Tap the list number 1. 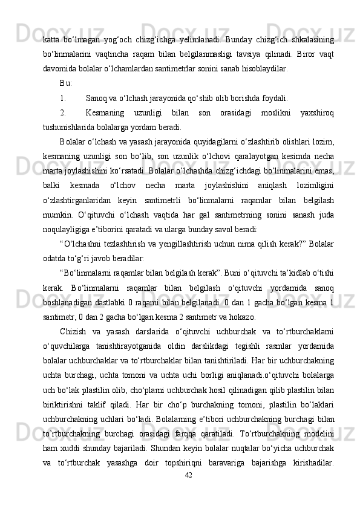pos(63,97)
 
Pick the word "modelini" pos(317,449)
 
